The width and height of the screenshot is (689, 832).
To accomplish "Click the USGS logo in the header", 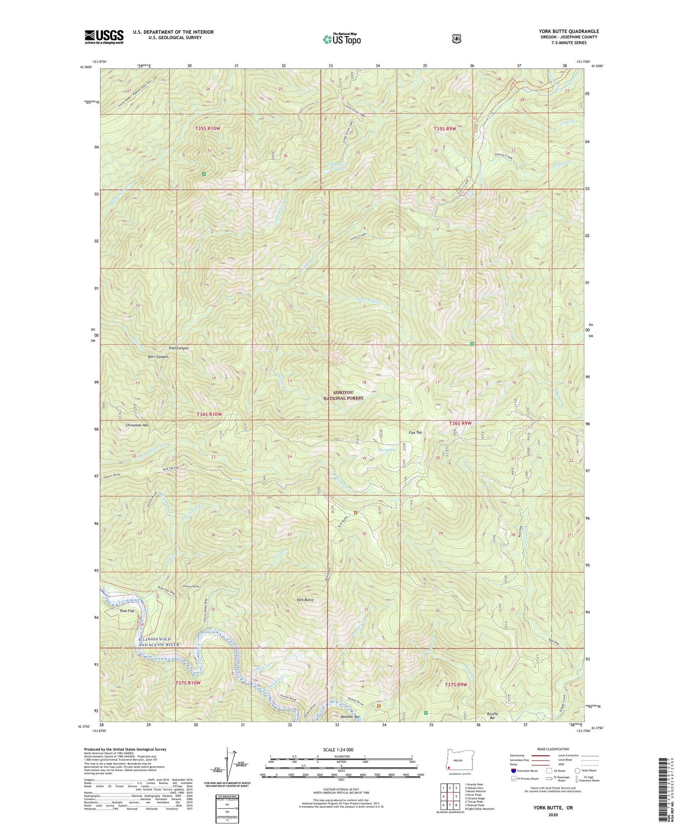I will coord(104,37).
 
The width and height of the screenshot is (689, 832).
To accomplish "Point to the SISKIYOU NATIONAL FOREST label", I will coord(343,396).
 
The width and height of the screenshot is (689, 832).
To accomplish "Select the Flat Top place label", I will coord(415,433).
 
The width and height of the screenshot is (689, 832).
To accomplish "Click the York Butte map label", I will coord(305,600).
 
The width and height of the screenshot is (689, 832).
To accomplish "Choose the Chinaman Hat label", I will coord(131,425).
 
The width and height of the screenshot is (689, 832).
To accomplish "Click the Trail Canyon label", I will coord(178,348).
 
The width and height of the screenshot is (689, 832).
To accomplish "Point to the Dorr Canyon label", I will coord(158,357).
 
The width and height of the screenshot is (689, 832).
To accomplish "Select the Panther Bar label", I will coord(350,717).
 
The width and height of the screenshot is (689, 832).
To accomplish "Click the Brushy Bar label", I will coord(493,716).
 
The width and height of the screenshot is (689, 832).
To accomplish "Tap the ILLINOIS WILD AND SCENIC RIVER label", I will coord(158,642).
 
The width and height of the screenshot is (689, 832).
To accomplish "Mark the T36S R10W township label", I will coord(209,415).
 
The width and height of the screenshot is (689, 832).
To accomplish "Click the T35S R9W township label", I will coord(445,129).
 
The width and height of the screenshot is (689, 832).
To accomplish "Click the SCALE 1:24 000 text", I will coord(338,750).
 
